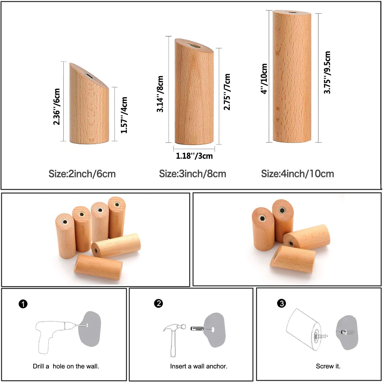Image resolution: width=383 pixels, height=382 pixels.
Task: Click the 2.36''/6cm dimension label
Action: (x=57, y=107)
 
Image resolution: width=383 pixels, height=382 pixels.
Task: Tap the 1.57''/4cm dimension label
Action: (x=124, y=115)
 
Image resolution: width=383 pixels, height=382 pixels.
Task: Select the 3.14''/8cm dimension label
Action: (x=160, y=94)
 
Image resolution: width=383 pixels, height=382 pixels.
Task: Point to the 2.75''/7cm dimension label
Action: (x=227, y=92)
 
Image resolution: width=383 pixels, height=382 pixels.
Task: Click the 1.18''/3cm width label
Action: (x=194, y=156)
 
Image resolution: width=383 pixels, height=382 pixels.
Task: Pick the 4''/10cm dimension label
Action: (x=264, y=79)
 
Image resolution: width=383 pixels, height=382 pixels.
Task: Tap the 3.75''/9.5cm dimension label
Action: (x=327, y=72)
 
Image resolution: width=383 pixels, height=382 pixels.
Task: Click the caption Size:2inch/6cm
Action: (x=82, y=174)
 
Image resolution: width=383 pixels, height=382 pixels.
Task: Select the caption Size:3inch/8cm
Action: (x=193, y=174)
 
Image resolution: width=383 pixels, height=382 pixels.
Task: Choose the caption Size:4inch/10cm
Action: (x=297, y=174)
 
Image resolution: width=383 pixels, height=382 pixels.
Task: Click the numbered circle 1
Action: (x=23, y=304)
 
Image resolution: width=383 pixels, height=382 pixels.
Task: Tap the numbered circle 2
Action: (x=158, y=303)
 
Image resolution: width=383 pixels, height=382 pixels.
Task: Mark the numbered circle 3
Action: (x=281, y=303)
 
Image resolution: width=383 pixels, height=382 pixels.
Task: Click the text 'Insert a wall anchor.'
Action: (x=199, y=366)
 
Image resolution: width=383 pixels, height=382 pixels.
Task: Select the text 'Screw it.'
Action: (x=328, y=366)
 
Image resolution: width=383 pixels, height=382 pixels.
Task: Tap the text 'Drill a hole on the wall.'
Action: (x=66, y=366)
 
